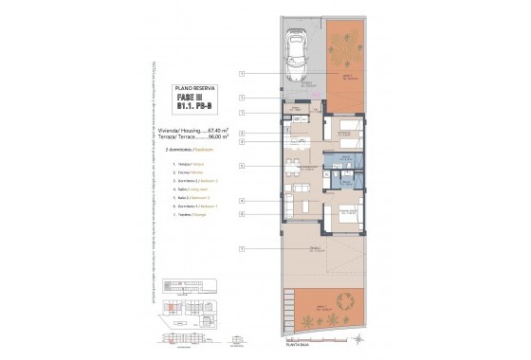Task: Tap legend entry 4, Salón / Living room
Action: [192, 189]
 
